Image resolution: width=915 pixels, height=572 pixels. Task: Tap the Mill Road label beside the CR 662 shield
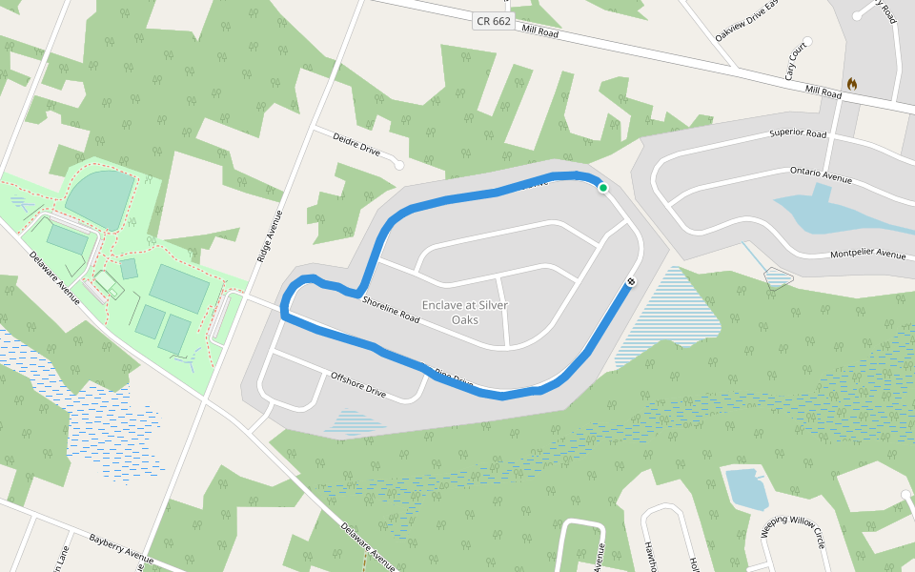[540, 31]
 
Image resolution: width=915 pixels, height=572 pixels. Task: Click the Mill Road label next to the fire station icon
[823, 92]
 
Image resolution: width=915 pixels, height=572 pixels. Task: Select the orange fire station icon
[851, 84]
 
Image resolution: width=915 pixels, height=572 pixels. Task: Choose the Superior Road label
[798, 134]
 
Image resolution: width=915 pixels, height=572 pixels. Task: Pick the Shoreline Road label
[391, 309]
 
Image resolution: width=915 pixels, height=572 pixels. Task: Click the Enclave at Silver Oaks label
[464, 312]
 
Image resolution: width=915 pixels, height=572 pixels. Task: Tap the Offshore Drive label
[357, 384]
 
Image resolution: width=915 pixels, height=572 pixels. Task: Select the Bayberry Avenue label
[121, 548]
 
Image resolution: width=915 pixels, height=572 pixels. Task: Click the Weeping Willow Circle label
[792, 534]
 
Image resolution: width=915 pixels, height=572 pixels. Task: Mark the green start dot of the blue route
[603, 188]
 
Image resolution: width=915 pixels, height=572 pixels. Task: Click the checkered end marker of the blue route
[631, 281]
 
